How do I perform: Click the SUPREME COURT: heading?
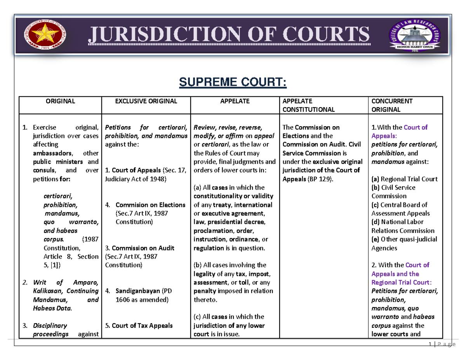coord(233,82)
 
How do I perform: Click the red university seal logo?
coord(45,34)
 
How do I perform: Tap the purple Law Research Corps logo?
coord(414,35)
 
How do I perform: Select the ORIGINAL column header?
coord(60,101)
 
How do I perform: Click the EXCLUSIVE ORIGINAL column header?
coord(146,101)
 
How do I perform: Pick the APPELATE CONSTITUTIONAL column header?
coord(308,105)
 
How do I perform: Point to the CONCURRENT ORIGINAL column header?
coord(392,105)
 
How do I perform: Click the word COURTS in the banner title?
coord(326,34)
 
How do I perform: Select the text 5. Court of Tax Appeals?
coord(139,325)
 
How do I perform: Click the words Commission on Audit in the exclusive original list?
coord(143,248)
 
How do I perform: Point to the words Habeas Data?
coord(52,308)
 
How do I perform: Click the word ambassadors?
coord(53,153)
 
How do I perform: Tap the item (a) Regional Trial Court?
coord(405,179)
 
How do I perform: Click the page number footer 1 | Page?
coord(442,344)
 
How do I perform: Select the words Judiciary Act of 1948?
coord(136,179)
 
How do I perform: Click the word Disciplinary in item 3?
coord(50,326)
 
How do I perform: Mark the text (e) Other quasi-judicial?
coord(404,239)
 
